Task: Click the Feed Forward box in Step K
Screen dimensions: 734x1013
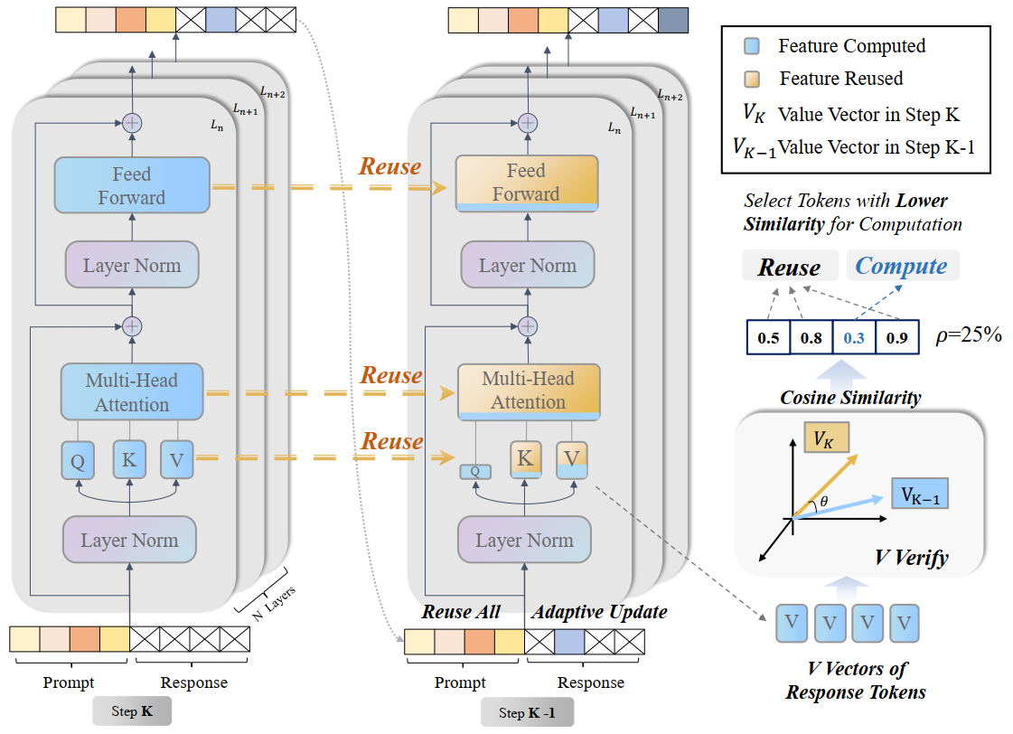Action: [132, 185]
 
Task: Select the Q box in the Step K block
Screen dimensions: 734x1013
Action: [77, 460]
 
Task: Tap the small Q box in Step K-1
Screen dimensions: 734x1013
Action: [474, 470]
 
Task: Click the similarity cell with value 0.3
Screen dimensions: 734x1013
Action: [854, 337]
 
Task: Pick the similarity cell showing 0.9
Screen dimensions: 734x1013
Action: [897, 337]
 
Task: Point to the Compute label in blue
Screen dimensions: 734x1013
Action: [901, 267]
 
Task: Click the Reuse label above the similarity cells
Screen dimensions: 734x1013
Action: [789, 268]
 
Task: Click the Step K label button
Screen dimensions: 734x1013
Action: [131, 711]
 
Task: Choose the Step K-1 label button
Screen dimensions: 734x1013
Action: [527, 713]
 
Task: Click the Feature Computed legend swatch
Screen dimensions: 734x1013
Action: [761, 46]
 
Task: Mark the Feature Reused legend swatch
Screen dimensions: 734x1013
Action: [761, 79]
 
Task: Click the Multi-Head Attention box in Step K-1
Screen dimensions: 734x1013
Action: [528, 390]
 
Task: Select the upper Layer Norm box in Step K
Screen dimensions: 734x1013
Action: [132, 266]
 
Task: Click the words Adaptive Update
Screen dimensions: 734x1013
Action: [599, 612]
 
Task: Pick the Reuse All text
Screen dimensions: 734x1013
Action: [461, 612]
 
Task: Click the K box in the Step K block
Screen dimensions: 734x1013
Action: [129, 460]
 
